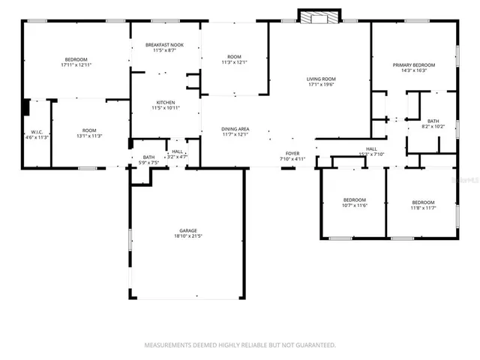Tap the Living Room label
tap(320, 79)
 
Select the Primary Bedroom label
tap(414, 65)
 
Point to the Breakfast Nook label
tap(165, 46)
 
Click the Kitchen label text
tap(165, 103)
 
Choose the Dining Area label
tap(235, 129)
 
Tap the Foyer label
tap(292, 153)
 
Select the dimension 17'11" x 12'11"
tap(76, 65)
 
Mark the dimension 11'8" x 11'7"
tap(422, 208)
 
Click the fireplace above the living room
tap(319, 16)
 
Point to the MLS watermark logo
tap(467, 181)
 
